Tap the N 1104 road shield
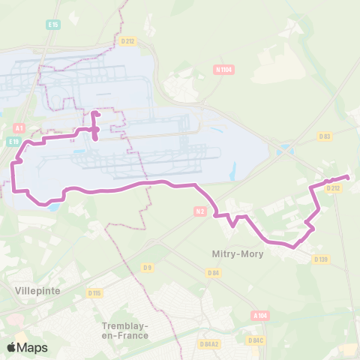click(223, 70)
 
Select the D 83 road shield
click(324, 136)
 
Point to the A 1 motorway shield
click(19, 128)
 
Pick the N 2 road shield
click(199, 212)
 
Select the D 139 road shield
click(321, 259)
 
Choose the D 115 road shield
click(94, 292)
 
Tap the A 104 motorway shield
click(260, 316)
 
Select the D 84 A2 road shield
click(209, 343)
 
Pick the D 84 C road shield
click(256, 340)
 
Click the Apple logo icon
click(12, 347)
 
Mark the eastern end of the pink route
click(347, 177)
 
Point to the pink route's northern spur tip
click(94, 113)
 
